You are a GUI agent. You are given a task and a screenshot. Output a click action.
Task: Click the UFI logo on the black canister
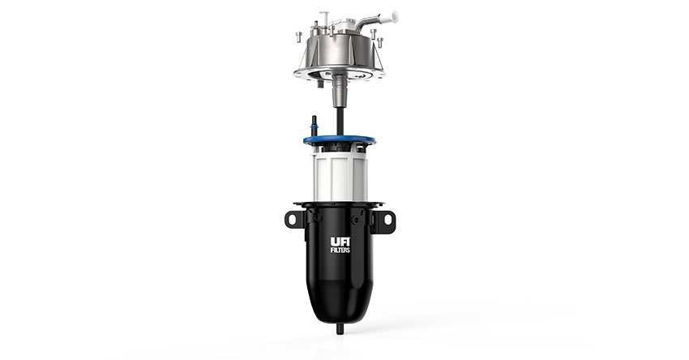click(340, 242)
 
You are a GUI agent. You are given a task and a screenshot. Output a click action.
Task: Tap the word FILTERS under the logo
click(340, 251)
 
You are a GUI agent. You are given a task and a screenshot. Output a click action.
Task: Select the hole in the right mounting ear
click(387, 219)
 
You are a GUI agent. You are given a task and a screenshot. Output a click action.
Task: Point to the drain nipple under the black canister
click(340, 329)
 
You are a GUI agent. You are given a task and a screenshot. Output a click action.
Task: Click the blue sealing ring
click(339, 140)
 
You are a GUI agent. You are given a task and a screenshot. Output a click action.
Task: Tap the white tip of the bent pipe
click(389, 17)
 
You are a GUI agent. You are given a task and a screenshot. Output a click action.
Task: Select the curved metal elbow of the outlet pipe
click(367, 22)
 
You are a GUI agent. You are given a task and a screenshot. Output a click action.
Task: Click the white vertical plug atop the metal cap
click(325, 18)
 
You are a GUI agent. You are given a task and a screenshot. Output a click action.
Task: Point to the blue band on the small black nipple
click(314, 126)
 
